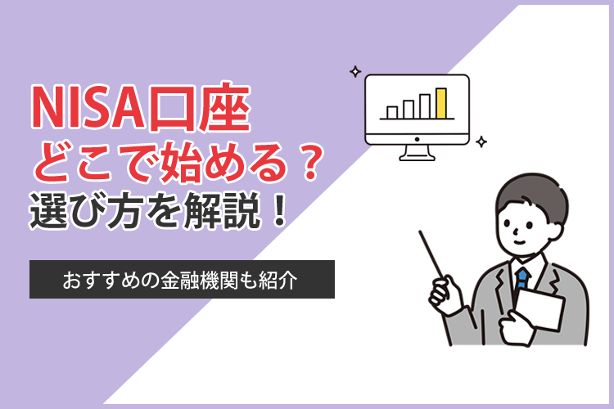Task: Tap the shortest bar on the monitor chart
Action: click(392, 111)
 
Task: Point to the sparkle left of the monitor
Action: click(354, 72)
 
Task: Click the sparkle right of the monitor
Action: click(481, 142)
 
